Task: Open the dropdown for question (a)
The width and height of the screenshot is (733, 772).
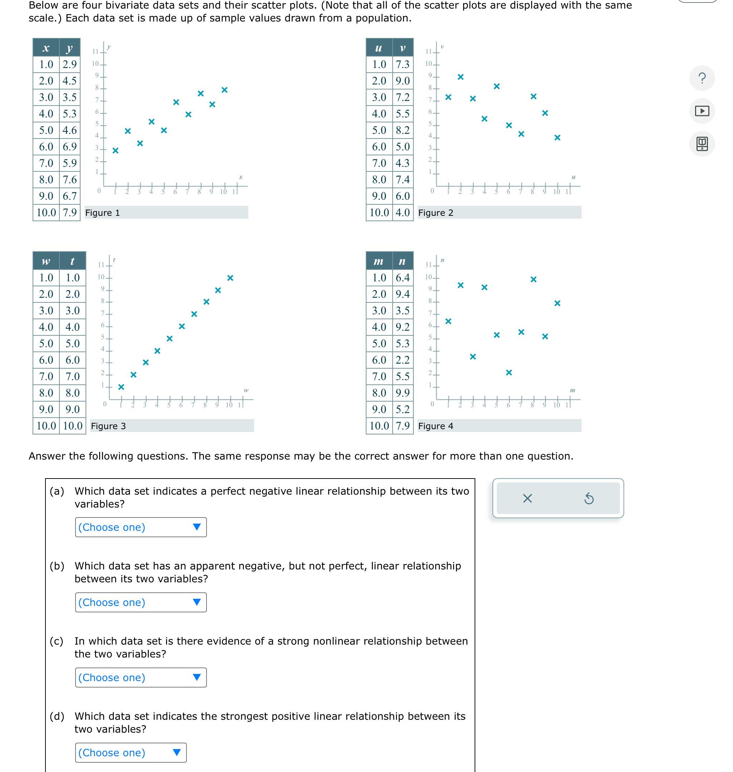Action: tap(141, 527)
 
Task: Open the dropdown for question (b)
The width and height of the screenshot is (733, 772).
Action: tap(141, 602)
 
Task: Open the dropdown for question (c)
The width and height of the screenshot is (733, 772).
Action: tap(141, 677)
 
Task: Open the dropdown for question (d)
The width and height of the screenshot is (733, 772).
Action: tap(131, 752)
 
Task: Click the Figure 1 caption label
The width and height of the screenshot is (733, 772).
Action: tap(102, 213)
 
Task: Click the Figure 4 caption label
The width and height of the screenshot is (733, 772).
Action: tap(436, 426)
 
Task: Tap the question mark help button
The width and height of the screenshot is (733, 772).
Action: tap(702, 78)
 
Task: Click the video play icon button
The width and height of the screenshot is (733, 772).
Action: tap(702, 111)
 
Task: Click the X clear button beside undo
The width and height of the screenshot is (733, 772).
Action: tap(527, 498)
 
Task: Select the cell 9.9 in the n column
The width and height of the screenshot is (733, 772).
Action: tap(402, 393)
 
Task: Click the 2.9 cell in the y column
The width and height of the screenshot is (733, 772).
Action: tap(69, 64)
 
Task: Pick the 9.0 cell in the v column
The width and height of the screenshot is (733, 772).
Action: tap(402, 81)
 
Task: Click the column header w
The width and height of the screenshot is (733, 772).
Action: tap(46, 261)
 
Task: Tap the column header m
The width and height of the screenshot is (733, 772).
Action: tap(379, 261)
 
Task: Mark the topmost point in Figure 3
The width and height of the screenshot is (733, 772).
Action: tap(230, 278)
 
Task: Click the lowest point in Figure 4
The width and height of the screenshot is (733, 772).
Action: tap(509, 372)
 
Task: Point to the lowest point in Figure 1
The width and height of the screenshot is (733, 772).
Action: tap(115, 150)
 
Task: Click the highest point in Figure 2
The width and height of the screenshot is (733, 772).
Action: tap(460, 77)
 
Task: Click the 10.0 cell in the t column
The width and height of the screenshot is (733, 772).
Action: tap(73, 426)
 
